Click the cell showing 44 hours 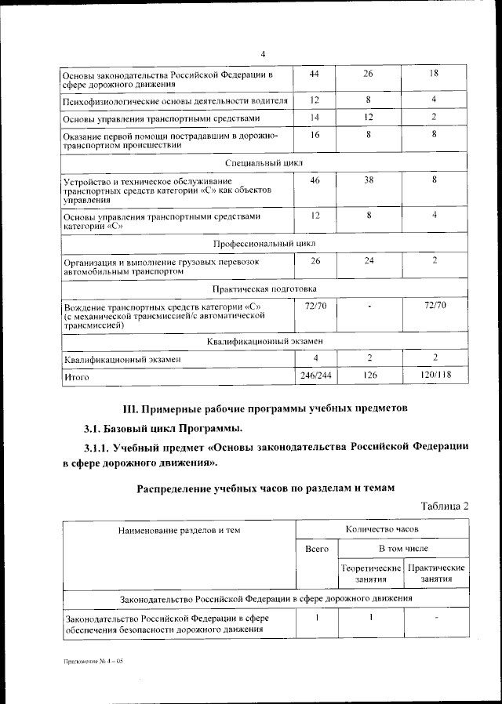coord(315,74)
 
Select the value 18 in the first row coord(434,74)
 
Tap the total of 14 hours coord(315,117)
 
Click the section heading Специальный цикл coord(264,162)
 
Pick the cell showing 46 coord(315,180)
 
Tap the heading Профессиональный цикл coord(264,244)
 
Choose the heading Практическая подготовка coord(264,288)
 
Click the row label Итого coord(76,377)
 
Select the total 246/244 coord(315,376)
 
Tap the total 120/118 coord(434,376)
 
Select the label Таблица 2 coord(444,506)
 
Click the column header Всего coord(316,549)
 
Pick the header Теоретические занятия coord(368,572)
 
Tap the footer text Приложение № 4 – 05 coord(93,662)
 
